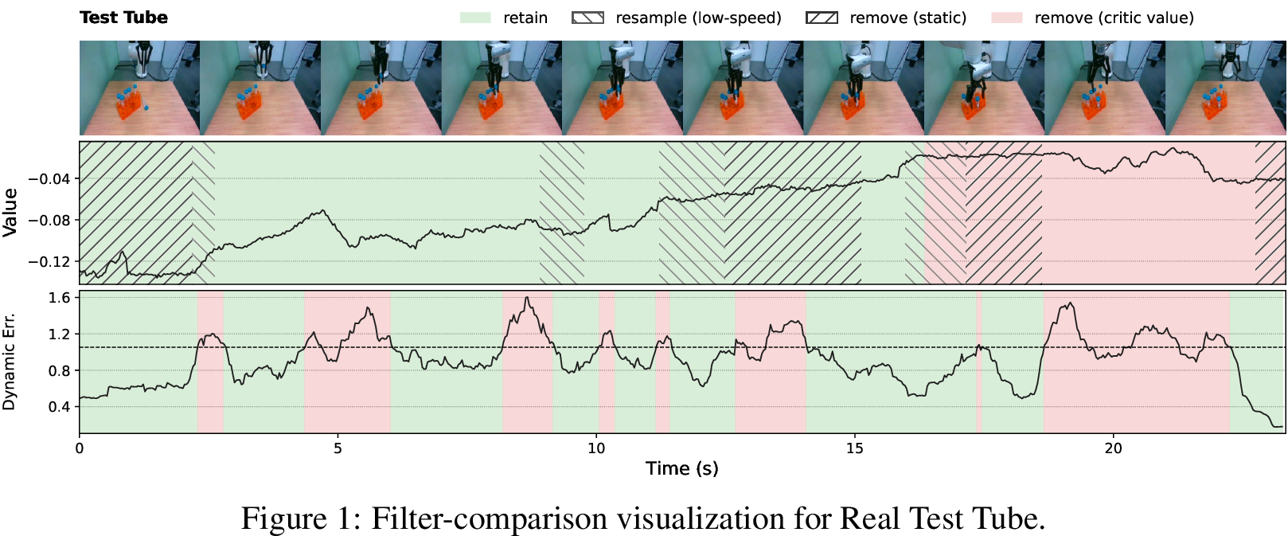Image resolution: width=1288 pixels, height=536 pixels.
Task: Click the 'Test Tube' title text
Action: point(123,18)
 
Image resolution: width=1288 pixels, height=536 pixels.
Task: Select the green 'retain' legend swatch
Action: point(475,18)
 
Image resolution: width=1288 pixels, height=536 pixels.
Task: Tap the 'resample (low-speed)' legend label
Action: point(699,18)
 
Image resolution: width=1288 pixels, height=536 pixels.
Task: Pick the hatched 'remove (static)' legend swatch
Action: point(822,18)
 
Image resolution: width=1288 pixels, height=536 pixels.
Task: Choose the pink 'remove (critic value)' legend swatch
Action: point(1008,18)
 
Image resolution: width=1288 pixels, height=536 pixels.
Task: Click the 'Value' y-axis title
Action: point(10,212)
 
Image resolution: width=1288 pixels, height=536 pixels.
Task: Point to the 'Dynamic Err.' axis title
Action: point(9,362)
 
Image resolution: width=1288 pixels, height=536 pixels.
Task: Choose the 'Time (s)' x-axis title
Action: point(682,468)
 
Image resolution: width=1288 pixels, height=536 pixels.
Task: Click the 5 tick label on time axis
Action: point(338,448)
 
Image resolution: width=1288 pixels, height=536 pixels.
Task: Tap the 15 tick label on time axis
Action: point(855,448)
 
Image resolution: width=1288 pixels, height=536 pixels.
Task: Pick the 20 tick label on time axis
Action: point(1113,448)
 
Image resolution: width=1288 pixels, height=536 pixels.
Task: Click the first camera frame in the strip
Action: point(140,88)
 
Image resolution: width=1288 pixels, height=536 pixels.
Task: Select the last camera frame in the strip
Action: point(1225,88)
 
